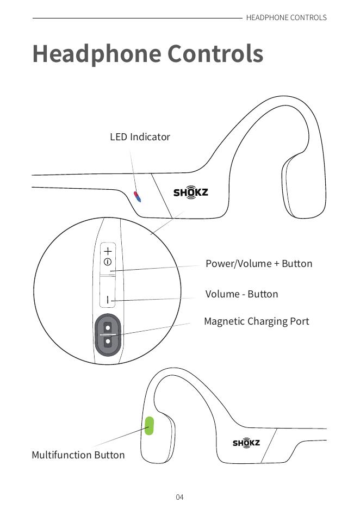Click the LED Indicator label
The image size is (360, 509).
click(140, 137)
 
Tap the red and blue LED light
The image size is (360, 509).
click(136, 196)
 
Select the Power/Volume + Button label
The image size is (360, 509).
click(259, 264)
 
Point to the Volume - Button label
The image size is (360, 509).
click(241, 294)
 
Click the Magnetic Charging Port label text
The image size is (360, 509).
click(256, 321)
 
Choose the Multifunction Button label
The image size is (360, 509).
click(78, 455)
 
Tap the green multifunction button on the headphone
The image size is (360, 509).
click(148, 426)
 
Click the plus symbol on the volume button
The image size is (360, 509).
click(108, 251)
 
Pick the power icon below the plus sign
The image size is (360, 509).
click(108, 262)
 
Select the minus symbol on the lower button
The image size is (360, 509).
click(108, 300)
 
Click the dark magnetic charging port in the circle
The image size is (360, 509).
click(108, 334)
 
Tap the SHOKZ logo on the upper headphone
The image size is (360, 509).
click(190, 193)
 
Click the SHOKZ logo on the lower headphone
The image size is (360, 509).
click(246, 443)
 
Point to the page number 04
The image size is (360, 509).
click(179, 497)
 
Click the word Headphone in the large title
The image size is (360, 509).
click(97, 54)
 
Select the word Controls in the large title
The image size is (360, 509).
click(215, 54)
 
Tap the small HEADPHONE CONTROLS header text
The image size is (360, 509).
click(286, 17)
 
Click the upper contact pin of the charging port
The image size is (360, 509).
click(108, 327)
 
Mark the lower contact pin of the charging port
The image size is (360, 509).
click(108, 342)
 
